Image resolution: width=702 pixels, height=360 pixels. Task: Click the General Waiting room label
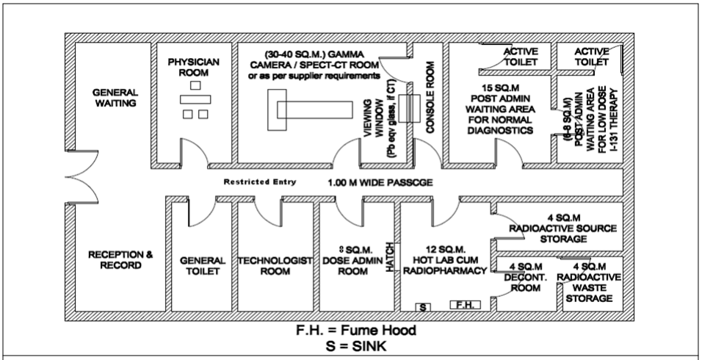pyautogui.click(x=115, y=98)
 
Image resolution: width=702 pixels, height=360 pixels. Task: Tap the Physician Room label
pyautogui.click(x=195, y=68)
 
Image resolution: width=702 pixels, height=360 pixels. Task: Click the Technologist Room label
pyautogui.click(x=275, y=266)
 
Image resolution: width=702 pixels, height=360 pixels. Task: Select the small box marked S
pyautogui.click(x=424, y=306)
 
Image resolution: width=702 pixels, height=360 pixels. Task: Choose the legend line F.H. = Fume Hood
pyautogui.click(x=351, y=331)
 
